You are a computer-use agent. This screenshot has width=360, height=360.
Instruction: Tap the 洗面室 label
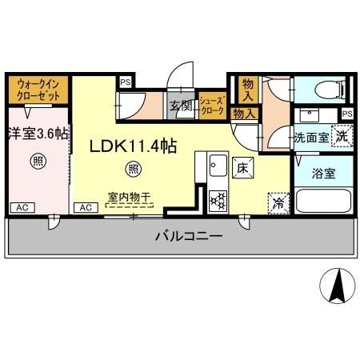[x=309, y=137]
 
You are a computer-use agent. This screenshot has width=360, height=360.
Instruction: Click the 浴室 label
[x=324, y=171]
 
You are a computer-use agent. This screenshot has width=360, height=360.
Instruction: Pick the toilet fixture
[x=324, y=88]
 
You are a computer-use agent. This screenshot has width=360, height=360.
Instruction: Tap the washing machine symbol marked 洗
[x=341, y=136]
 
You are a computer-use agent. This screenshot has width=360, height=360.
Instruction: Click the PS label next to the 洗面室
[x=346, y=114]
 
